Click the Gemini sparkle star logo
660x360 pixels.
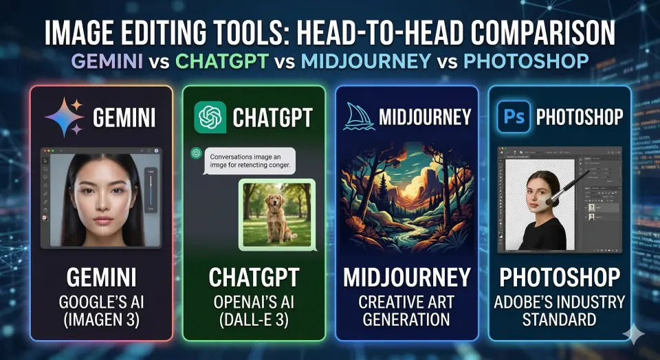[64, 117]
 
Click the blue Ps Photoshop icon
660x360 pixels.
[513, 116]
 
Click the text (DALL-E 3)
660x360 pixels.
[254, 319]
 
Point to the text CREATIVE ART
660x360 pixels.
[407, 302]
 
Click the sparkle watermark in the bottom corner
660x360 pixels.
[633, 335]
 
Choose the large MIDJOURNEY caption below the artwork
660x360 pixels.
[407, 278]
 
